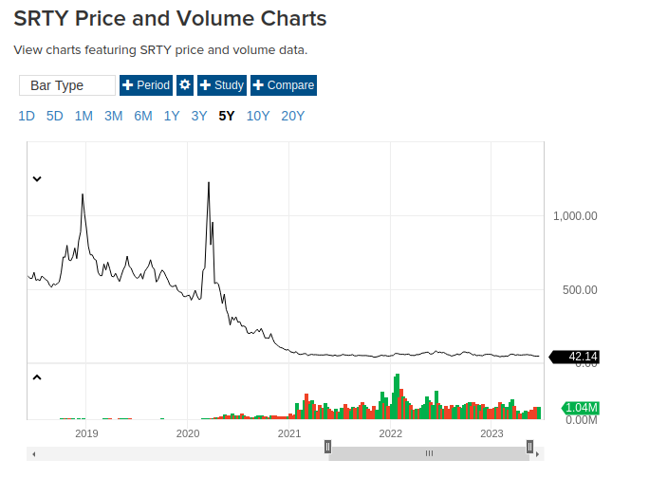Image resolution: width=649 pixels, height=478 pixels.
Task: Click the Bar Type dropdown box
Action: pos(67,85)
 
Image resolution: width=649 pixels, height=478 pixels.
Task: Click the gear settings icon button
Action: pos(185,85)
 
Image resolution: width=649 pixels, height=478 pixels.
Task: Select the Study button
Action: pos(221,85)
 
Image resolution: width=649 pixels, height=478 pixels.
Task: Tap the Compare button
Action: pos(283,85)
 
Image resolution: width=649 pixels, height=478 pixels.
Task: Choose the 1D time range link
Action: pos(27,117)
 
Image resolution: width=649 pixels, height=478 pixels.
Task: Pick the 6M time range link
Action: pos(142,117)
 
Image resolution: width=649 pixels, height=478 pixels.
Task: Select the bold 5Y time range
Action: pos(226,117)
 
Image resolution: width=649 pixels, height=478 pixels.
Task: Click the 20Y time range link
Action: pos(293,117)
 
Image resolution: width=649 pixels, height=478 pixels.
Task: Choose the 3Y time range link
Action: pos(198,117)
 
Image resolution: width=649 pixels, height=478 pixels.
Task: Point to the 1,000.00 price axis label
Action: pos(575,216)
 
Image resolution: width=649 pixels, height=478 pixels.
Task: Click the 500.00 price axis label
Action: pos(578,290)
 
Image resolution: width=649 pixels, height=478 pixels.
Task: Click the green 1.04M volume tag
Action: pos(581,408)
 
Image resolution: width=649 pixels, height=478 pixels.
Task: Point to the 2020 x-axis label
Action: pos(188,433)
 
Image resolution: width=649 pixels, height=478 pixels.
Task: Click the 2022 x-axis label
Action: pos(391,433)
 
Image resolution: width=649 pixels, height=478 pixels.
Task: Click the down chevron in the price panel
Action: pos(37,178)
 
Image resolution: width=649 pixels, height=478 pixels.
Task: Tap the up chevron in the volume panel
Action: pos(37,377)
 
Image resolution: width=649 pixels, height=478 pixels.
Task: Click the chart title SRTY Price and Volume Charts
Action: pos(170,18)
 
